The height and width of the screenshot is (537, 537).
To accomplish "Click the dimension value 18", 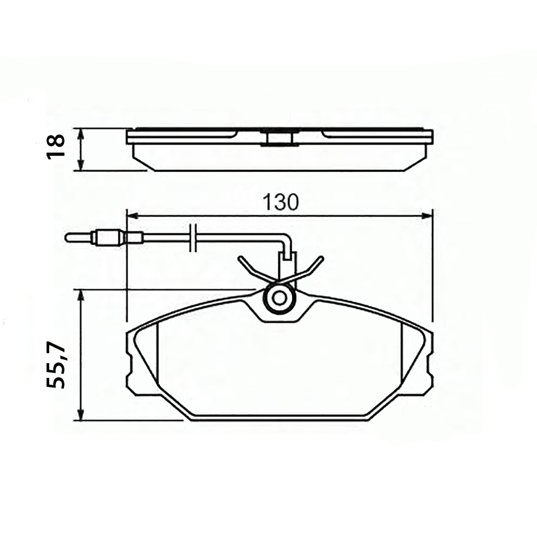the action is point(56,147).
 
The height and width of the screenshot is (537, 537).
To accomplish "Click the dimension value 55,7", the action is point(56,365).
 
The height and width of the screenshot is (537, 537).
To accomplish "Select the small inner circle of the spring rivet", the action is point(279,298).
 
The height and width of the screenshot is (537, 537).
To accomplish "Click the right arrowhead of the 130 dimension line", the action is point(427,216).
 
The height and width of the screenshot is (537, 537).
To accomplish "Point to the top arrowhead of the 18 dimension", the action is point(81,134).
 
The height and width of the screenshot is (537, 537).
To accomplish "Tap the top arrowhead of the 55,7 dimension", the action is point(81,295).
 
